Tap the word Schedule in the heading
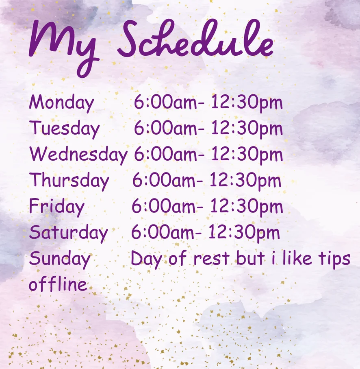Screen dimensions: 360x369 (195, 38)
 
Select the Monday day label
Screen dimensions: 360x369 (62, 103)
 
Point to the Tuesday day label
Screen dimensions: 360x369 (64, 129)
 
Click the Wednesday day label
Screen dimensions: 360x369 (78, 155)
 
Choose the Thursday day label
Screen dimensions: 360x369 (69, 181)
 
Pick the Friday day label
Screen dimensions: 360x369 (56, 207)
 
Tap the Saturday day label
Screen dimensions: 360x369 (68, 233)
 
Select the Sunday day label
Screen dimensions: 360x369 (60, 259)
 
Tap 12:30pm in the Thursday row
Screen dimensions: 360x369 (245, 181)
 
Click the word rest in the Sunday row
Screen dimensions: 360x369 (211, 259)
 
